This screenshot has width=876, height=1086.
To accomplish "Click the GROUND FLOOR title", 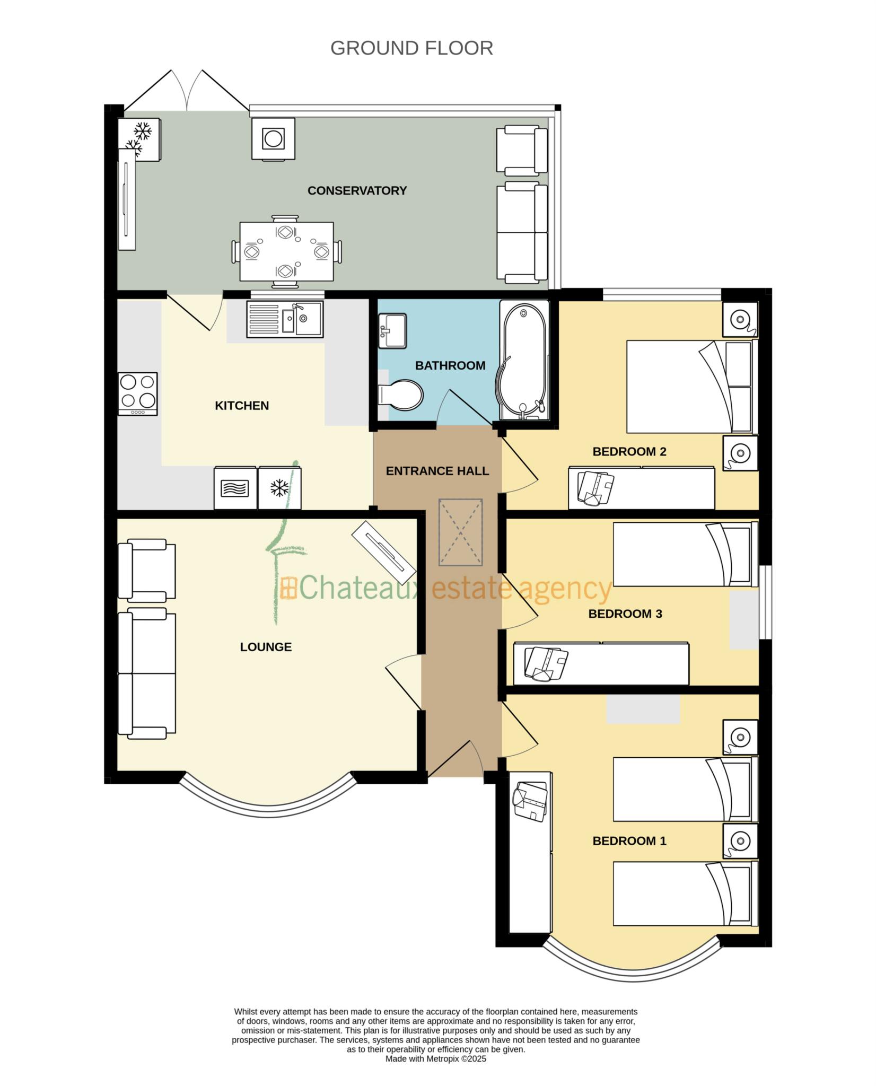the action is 411,48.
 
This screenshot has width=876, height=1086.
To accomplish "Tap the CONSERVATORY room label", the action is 357,190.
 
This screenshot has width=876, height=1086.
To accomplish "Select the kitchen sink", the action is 284,319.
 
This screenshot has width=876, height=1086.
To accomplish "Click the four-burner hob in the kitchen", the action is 138,393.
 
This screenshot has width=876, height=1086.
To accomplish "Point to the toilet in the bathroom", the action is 400,395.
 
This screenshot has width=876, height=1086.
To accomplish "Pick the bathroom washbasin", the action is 392,331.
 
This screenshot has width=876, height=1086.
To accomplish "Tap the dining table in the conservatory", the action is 286,251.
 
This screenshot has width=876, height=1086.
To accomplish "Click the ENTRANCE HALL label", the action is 437,471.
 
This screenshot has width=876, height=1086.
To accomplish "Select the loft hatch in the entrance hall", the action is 460,532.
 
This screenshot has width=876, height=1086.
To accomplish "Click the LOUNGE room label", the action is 266,647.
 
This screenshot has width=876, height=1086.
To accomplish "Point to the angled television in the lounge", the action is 384,553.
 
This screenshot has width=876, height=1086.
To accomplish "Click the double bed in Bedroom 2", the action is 690,387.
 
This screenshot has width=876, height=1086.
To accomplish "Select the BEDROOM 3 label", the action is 625,614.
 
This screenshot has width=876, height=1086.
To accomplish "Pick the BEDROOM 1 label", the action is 629,841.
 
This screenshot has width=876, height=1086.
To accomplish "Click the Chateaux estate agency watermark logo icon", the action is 288,589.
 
